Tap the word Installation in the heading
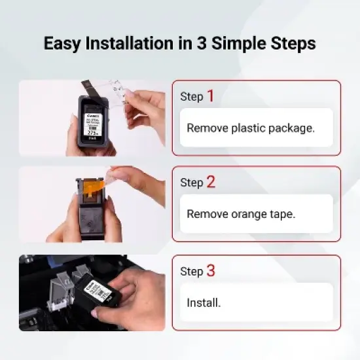(126, 44)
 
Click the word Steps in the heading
(292, 44)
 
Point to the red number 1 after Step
(210, 96)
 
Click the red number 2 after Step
(210, 182)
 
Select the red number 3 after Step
(210, 270)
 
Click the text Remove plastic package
(251, 128)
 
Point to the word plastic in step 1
(249, 128)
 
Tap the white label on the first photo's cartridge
(94, 122)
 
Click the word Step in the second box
(192, 183)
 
